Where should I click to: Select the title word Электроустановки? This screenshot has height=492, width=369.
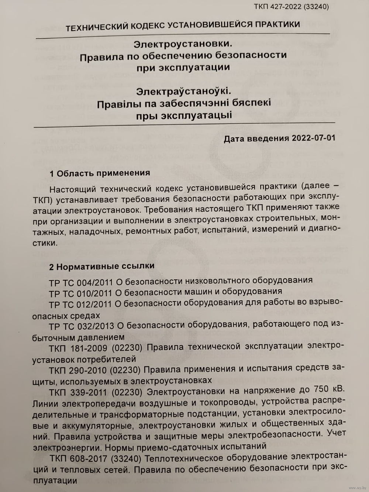(183, 44)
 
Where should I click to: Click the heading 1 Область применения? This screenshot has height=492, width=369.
(100, 173)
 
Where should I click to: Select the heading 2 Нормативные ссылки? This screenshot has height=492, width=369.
(102, 266)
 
